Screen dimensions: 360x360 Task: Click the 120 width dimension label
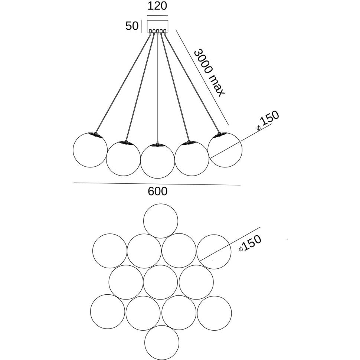coord(157,6)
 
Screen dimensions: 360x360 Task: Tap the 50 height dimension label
coord(132,26)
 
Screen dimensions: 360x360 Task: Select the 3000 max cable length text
coord(209,72)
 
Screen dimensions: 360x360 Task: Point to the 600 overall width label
coord(157,191)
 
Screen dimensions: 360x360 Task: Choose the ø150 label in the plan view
coord(250,243)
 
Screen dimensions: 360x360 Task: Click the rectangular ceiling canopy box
coord(157,26)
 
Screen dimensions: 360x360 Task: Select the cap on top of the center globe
coord(157,145)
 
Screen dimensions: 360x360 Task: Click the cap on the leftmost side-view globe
coord(95,135)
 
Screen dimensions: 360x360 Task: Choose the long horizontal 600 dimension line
coord(157,184)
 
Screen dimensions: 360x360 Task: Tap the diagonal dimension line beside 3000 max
coord(202,78)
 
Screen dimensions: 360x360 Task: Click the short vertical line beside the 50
coord(142,26)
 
